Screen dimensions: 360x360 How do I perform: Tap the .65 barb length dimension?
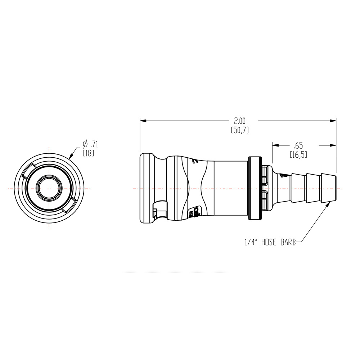tap(298, 146)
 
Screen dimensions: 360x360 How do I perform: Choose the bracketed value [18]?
tap(88, 153)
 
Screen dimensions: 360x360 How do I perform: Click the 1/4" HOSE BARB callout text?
tap(270, 243)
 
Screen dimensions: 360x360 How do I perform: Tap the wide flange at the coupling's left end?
tap(145, 188)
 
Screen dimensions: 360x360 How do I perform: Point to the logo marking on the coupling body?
tap(196, 212)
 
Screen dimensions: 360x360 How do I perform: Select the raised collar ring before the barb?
tap(255, 188)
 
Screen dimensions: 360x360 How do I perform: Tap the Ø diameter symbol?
tap(85, 144)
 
